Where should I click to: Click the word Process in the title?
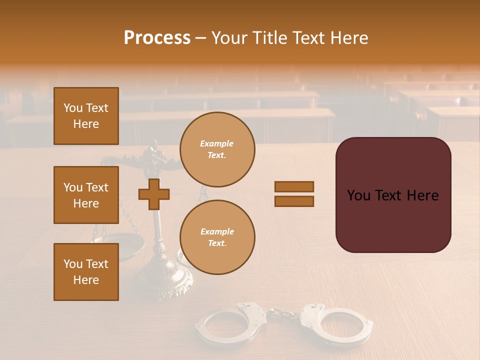pyautogui.click(x=157, y=38)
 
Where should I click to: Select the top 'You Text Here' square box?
pyautogui.click(x=86, y=116)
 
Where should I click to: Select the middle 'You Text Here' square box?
pyautogui.click(x=86, y=195)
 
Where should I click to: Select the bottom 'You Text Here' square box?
pyautogui.click(x=86, y=272)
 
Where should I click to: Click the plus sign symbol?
pyautogui.click(x=154, y=194)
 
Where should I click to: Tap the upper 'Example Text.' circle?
pyautogui.click(x=217, y=149)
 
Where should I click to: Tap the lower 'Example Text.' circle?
pyautogui.click(x=217, y=237)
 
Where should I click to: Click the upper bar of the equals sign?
pyautogui.click(x=294, y=186)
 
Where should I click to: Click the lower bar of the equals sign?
pyautogui.click(x=294, y=201)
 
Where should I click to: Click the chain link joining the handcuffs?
pyautogui.click(x=282, y=314)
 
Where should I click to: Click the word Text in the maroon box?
pyautogui.click(x=393, y=195)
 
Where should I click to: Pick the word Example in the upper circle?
pyautogui.click(x=217, y=144)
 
